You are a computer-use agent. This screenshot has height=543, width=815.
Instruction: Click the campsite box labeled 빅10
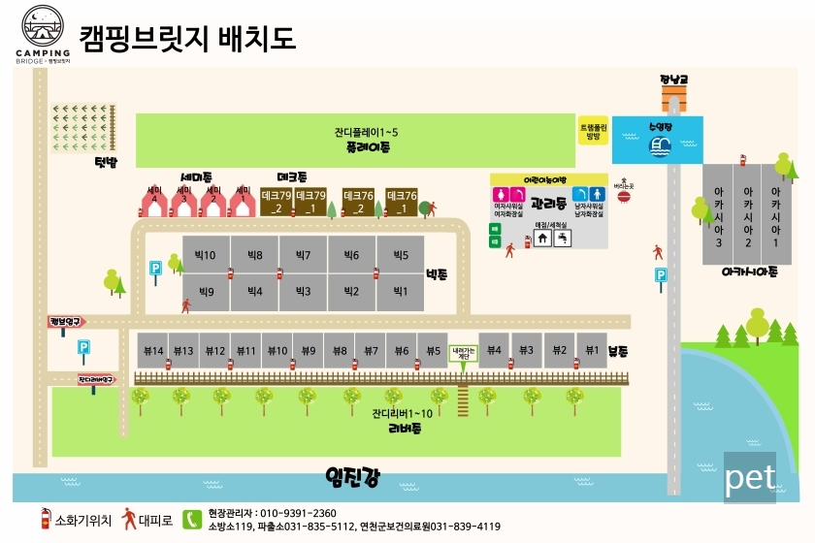point(206,255)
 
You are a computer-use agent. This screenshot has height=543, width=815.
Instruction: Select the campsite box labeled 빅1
point(399,291)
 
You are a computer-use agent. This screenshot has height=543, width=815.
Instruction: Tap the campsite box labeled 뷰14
point(152,351)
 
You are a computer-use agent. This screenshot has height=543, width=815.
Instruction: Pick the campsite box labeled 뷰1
point(589,351)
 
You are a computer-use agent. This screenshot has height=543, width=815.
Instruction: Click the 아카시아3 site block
point(719,214)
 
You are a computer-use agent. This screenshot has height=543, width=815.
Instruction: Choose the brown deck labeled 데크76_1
point(401,202)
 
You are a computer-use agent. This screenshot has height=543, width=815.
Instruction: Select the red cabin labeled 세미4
point(154,204)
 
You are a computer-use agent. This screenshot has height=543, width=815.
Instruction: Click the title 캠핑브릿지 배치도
point(186,38)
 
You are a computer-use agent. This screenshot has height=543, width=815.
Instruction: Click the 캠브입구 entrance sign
point(66,321)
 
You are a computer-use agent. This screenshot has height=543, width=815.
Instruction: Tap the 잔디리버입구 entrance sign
point(96,380)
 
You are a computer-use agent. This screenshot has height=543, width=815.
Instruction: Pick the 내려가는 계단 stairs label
point(462,353)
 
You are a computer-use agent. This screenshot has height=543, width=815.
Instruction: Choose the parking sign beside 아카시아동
point(661,276)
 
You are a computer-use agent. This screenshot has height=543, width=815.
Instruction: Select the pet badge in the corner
point(749,477)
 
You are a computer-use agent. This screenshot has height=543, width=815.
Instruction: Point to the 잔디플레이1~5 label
point(366,132)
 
